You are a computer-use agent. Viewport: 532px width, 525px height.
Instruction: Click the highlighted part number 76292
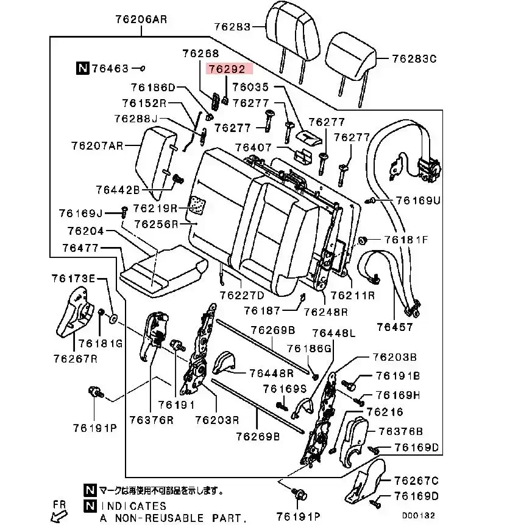pyautogui.click(x=227, y=69)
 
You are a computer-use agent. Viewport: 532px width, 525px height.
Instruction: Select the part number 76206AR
pyautogui.click(x=140, y=19)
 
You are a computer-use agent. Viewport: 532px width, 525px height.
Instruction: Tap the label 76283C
pyautogui.click(x=414, y=59)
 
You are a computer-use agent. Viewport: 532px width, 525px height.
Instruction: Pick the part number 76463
pyautogui.click(x=110, y=68)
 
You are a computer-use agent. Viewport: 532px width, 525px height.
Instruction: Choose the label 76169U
pyautogui.click(x=417, y=200)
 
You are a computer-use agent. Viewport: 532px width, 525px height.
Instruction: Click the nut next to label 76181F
pyautogui.click(x=362, y=239)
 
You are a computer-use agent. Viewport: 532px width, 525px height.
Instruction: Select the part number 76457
pyautogui.click(x=394, y=327)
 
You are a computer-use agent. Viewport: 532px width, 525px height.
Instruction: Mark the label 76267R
pyautogui.click(x=75, y=358)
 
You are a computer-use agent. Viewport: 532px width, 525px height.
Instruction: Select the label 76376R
pyautogui.click(x=152, y=419)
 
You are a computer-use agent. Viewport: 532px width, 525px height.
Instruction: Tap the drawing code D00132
pyautogui.click(x=418, y=515)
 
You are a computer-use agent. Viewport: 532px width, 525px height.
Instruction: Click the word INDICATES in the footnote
pyautogui.click(x=133, y=506)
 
